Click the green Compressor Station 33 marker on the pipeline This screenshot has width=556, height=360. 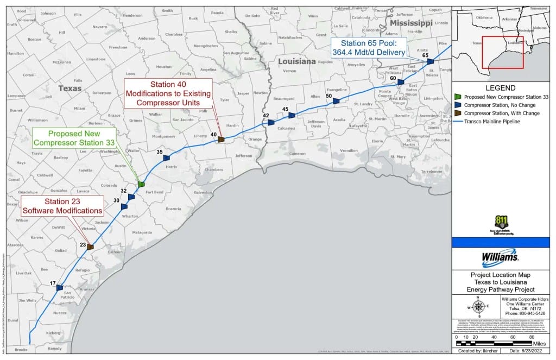(141, 185)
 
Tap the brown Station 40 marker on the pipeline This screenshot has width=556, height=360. (221, 140)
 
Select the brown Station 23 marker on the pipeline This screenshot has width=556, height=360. (90, 247)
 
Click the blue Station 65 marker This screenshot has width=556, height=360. (430, 62)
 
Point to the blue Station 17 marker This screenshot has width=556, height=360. (60, 288)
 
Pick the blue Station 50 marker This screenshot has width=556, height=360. (336, 100)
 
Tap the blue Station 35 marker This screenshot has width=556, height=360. (166, 157)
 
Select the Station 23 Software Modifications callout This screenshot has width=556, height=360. (62, 206)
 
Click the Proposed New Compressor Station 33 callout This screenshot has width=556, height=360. (74, 138)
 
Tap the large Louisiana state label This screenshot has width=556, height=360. (297, 61)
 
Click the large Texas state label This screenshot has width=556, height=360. (70, 88)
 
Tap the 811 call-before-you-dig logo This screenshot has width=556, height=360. (501, 223)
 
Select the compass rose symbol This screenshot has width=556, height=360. (478, 306)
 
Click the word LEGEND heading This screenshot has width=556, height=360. (500, 88)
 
